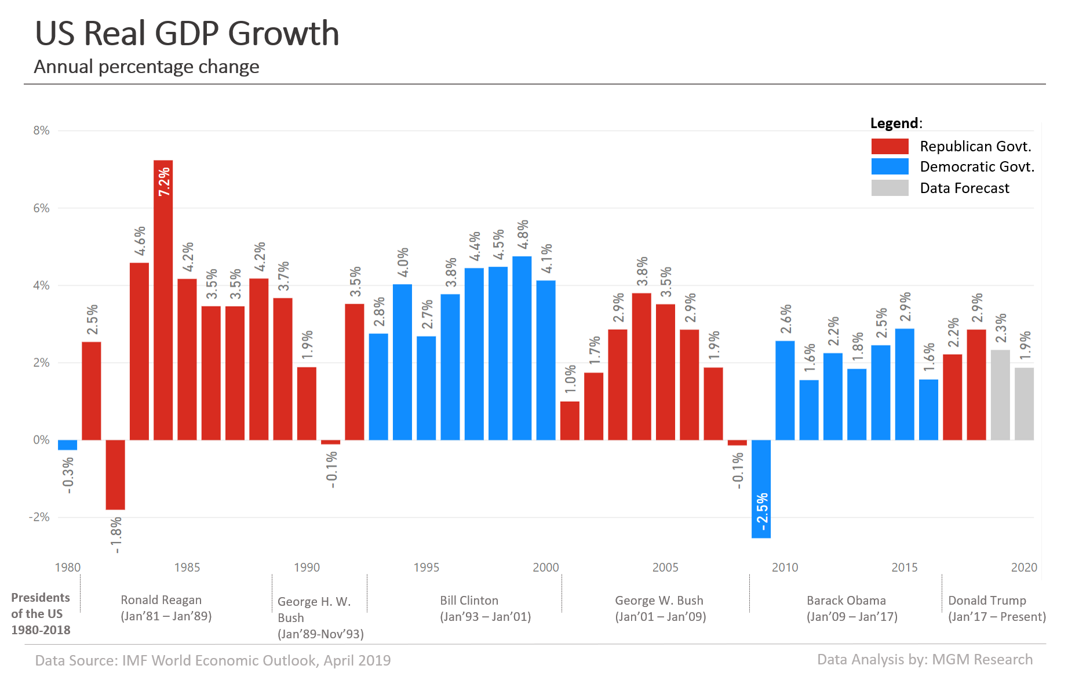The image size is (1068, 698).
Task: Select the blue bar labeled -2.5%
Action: point(761,489)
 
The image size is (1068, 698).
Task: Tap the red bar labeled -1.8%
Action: point(115,475)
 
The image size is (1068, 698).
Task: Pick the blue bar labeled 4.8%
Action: point(522,348)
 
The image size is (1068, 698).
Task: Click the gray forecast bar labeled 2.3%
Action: point(1000,395)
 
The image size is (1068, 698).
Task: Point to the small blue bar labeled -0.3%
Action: point(67,445)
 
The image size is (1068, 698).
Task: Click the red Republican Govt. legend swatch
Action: point(890,146)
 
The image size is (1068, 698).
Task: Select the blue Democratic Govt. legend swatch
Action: point(890,167)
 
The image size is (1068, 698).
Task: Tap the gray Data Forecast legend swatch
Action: point(890,188)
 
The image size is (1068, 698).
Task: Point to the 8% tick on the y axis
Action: point(41,130)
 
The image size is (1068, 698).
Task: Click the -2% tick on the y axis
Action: point(39,517)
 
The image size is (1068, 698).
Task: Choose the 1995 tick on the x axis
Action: point(426,568)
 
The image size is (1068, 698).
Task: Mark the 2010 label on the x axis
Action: point(785,568)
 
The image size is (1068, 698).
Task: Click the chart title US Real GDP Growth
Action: point(187,33)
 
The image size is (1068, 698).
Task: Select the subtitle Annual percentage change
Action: point(147,67)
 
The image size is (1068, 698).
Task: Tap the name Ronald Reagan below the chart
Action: point(161,600)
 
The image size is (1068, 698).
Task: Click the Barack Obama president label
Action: point(846,601)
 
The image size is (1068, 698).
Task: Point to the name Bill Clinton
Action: point(469,601)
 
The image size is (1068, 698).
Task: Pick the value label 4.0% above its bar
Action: point(403,262)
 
